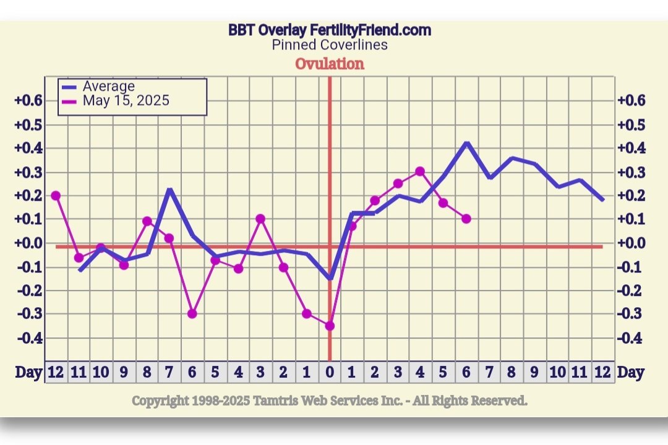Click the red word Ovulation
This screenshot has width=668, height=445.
(x=329, y=64)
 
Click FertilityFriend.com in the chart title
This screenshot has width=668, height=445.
(x=370, y=30)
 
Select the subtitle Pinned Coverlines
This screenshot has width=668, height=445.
(x=329, y=44)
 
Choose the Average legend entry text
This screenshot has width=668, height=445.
(x=108, y=87)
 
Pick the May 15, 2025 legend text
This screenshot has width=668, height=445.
(x=126, y=100)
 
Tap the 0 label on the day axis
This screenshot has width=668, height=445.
(x=329, y=372)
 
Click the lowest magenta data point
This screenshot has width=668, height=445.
(x=330, y=326)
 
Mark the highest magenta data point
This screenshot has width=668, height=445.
(x=420, y=171)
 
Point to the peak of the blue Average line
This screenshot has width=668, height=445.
(x=467, y=143)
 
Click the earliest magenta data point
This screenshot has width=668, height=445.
(x=56, y=195)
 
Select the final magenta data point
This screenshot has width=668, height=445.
(x=466, y=219)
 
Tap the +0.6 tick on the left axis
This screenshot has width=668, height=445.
(x=28, y=101)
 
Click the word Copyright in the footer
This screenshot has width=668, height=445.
(x=160, y=401)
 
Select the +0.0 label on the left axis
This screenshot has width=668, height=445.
(x=28, y=243)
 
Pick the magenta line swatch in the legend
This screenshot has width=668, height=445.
(x=69, y=101)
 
